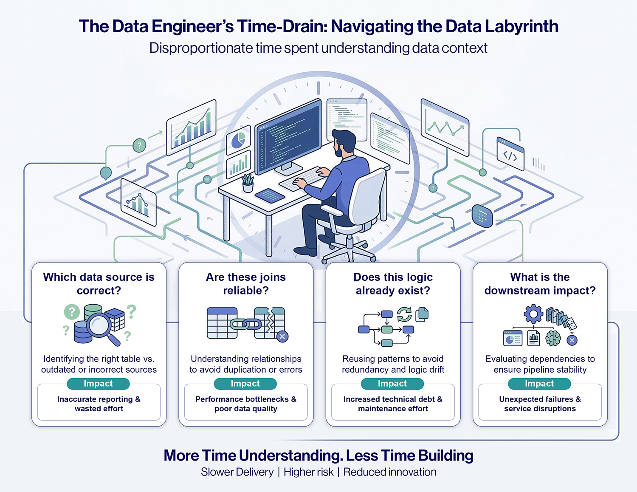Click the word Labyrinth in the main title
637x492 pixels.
(x=521, y=26)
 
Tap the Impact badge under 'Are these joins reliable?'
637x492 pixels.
(x=245, y=383)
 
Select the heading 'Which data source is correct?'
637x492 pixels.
(x=99, y=284)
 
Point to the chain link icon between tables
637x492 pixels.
(x=246, y=324)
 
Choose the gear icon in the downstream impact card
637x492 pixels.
(x=533, y=314)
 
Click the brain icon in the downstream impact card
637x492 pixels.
(x=553, y=338)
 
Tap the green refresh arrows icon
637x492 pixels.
(x=404, y=314)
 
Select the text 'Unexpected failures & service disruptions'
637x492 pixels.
(x=540, y=404)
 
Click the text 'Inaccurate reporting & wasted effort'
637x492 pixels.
(x=99, y=404)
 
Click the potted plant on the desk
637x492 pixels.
(x=248, y=183)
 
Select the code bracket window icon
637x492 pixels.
(x=510, y=154)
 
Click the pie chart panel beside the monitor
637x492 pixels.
(x=238, y=140)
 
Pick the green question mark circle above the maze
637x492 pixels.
(x=139, y=146)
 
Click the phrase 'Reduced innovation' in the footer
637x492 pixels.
(x=389, y=472)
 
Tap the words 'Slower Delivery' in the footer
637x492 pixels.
(x=237, y=472)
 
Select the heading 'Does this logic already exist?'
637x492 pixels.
(x=393, y=284)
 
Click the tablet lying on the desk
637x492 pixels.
(x=270, y=195)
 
